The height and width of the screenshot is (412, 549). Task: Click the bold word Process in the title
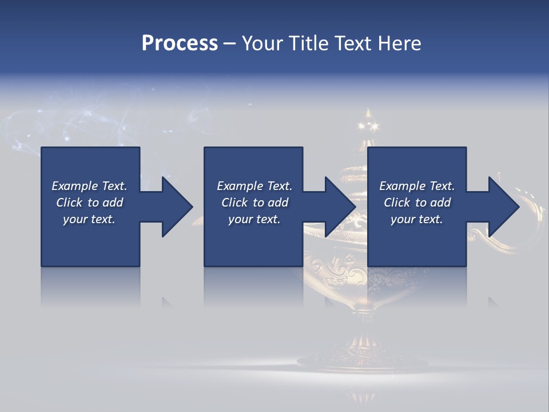[180, 43]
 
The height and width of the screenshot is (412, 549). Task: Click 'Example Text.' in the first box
[89, 186]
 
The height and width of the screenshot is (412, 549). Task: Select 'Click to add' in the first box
[89, 203]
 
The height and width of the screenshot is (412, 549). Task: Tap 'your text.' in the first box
[89, 219]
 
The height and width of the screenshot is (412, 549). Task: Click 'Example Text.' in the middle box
[254, 186]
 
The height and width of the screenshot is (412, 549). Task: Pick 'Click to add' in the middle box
[254, 203]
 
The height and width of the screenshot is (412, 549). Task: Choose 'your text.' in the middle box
[254, 219]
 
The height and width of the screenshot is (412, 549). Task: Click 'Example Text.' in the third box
[417, 186]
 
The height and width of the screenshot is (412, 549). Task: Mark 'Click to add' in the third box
[417, 203]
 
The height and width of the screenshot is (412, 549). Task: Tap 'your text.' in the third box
[417, 219]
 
